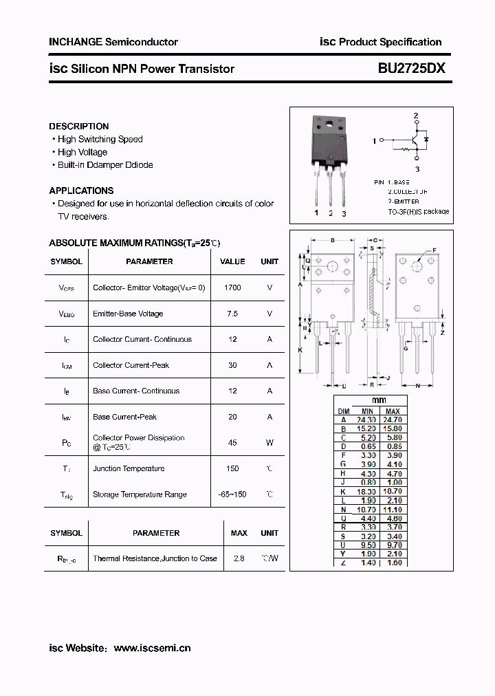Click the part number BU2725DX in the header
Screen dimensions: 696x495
(411, 69)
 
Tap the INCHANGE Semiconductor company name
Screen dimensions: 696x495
(113, 42)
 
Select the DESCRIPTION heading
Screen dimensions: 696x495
(79, 127)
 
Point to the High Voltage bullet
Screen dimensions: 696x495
(82, 152)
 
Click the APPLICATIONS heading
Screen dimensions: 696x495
(81, 191)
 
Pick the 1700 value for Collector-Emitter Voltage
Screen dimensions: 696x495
(232, 287)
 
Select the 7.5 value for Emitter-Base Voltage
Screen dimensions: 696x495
(232, 314)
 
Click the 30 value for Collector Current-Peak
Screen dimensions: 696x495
(232, 365)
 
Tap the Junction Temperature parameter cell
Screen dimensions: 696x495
(129, 469)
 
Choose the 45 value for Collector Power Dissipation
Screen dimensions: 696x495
(232, 443)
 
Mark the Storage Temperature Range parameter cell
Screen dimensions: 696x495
(140, 494)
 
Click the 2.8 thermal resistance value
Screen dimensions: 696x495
(239, 558)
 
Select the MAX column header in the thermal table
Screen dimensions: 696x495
(239, 533)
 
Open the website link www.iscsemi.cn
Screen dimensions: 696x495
(152, 648)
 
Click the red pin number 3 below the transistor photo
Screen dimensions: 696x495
(344, 214)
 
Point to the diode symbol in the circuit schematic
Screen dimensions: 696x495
(427, 140)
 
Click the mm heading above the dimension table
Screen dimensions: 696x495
(379, 400)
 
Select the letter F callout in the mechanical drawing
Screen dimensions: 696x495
(434, 250)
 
